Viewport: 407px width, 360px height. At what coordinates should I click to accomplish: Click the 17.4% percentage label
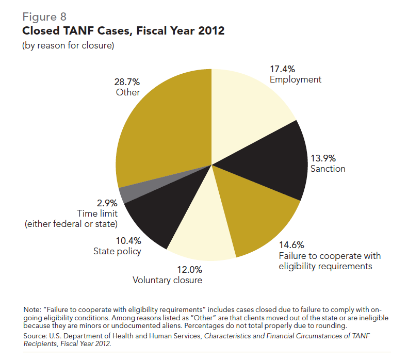[282, 69]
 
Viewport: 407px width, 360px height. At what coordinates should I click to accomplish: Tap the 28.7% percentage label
[127, 81]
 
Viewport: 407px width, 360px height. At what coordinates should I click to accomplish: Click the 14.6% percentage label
[291, 245]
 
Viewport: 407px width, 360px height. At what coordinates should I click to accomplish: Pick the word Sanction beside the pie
[328, 169]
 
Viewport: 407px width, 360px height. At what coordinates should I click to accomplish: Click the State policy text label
[117, 251]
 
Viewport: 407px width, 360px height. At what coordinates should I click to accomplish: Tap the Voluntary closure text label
[167, 280]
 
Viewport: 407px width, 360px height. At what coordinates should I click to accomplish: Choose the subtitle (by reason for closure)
[68, 46]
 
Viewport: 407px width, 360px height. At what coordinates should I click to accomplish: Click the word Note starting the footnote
[32, 309]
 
